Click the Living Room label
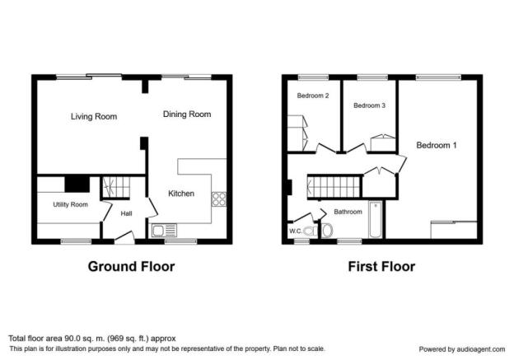point(94,116)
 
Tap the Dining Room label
point(187,115)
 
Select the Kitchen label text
point(181,194)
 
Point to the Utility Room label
point(71,204)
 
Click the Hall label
point(126,213)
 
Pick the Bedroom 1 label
point(437,145)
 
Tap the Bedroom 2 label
point(313,96)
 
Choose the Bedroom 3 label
point(369,105)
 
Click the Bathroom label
point(348,212)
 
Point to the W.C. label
point(296,231)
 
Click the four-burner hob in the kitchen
point(218,199)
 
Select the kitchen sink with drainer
point(164,231)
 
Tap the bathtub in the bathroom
point(376,219)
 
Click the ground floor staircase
point(115,187)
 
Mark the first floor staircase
point(334,187)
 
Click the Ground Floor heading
point(131,267)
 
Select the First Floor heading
point(381,267)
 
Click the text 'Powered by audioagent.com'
point(462,349)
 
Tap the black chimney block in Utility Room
point(77,185)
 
